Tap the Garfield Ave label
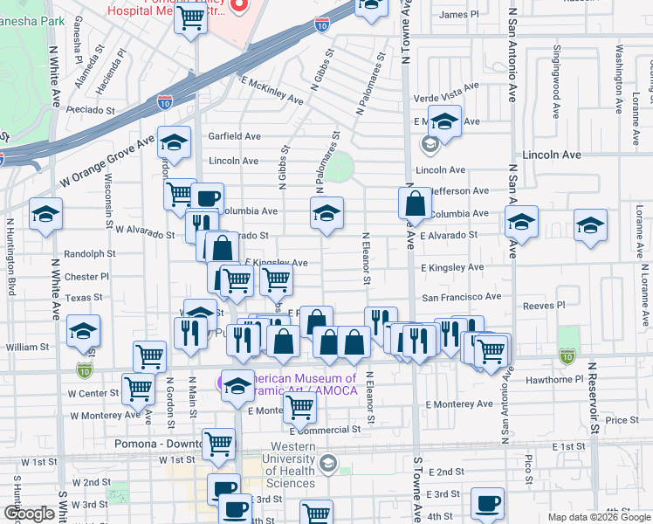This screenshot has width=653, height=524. [x=234, y=136]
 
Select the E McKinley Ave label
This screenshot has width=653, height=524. [x=272, y=90]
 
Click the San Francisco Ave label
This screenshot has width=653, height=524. [x=462, y=297]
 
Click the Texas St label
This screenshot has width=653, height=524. [x=84, y=298]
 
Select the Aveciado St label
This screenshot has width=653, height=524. [x=91, y=110]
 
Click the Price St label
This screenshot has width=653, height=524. [x=622, y=420]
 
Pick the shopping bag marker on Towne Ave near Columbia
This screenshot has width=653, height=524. [x=416, y=205]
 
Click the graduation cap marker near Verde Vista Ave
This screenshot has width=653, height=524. [x=444, y=122]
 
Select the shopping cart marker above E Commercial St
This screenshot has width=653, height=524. [x=299, y=407]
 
